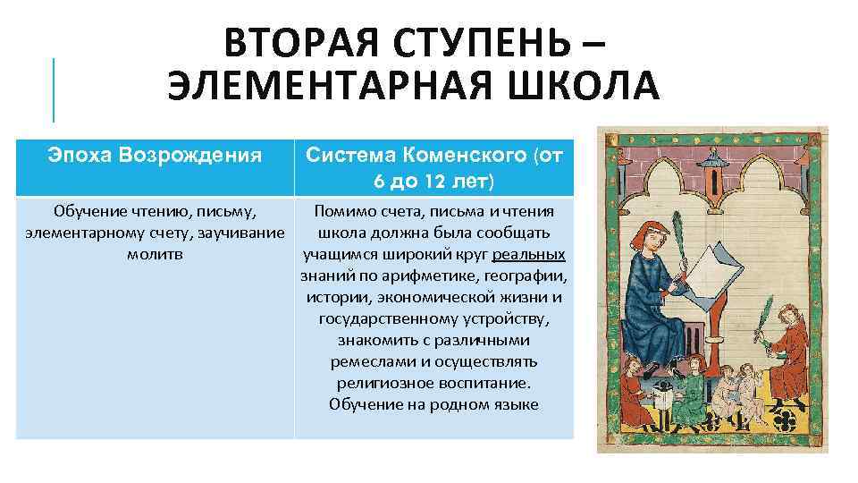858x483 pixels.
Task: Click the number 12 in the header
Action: pos(435,182)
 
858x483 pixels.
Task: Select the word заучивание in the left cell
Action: pos(243,233)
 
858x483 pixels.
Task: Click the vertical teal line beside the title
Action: pos(54,89)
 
